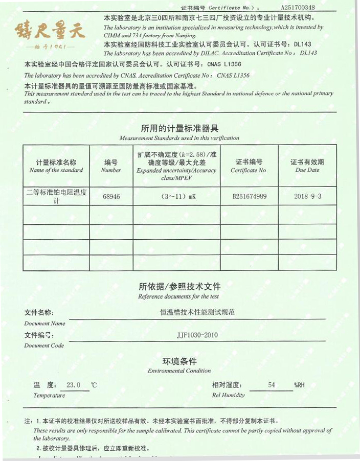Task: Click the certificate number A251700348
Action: (298, 8)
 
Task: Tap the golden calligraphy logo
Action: (50, 31)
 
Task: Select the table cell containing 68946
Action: (111, 196)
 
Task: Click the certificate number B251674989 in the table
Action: (249, 196)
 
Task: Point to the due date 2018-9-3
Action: (307, 196)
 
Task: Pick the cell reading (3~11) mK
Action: (176, 196)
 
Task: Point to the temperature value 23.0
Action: (74, 385)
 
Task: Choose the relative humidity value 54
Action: (272, 385)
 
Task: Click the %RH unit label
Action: (299, 385)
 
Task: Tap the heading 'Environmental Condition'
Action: (179, 371)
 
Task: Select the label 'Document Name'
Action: (44, 323)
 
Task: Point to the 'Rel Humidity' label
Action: (228, 395)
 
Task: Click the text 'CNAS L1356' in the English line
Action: (233, 75)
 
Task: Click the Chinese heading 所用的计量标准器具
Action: (179, 128)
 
